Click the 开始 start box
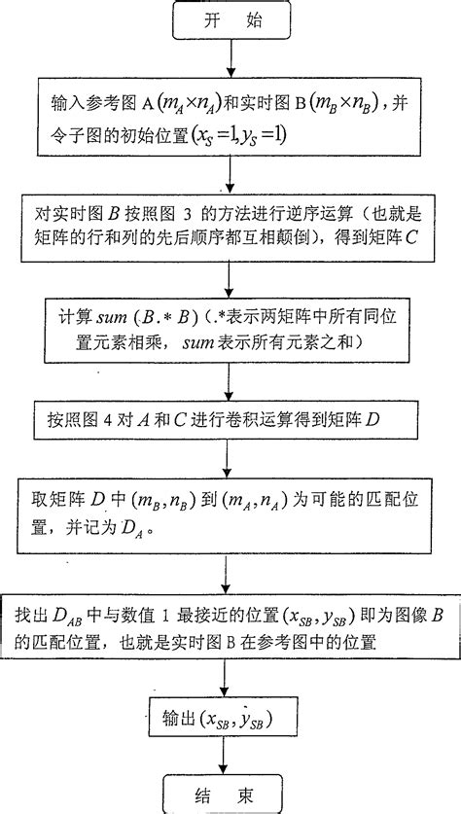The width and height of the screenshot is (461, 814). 229,22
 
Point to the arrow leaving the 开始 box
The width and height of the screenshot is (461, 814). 229,58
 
